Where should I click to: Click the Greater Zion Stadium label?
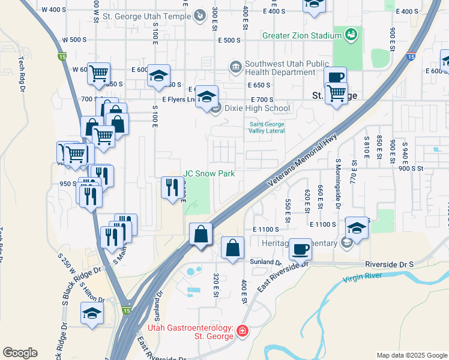(301, 35)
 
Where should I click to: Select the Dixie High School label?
(257, 109)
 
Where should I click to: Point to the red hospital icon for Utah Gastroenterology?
(242, 331)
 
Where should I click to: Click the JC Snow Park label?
(208, 174)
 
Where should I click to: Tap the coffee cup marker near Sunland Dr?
(300, 248)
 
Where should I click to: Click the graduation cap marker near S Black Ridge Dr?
(92, 313)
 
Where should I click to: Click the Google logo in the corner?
(20, 353)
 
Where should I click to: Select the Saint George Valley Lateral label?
(267, 128)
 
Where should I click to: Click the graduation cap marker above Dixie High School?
(206, 96)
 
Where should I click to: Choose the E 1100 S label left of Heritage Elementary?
(267, 230)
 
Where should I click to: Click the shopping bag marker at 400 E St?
(232, 247)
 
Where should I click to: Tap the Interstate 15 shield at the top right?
(410, 56)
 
